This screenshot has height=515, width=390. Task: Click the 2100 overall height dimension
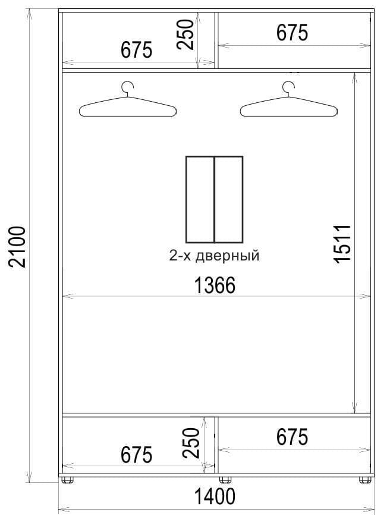click(18, 246)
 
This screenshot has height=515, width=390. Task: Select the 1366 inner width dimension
click(215, 286)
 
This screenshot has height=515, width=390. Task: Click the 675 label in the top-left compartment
click(137, 51)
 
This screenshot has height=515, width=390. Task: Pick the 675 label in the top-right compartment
click(292, 33)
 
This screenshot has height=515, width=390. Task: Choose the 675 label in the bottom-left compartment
click(137, 456)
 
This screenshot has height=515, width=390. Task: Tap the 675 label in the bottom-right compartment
click(292, 438)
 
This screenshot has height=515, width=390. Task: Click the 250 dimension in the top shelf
click(187, 34)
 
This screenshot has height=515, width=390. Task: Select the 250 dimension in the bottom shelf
click(191, 442)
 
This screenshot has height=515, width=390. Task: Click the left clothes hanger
click(128, 107)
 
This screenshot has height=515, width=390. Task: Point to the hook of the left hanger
click(128, 87)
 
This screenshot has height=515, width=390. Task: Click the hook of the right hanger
click(289, 87)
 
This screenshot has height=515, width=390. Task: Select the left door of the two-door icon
click(200, 199)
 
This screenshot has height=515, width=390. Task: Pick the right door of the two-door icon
click(228, 199)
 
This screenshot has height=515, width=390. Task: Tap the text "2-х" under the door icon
click(179, 256)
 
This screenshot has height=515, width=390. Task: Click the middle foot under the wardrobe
click(225, 479)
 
